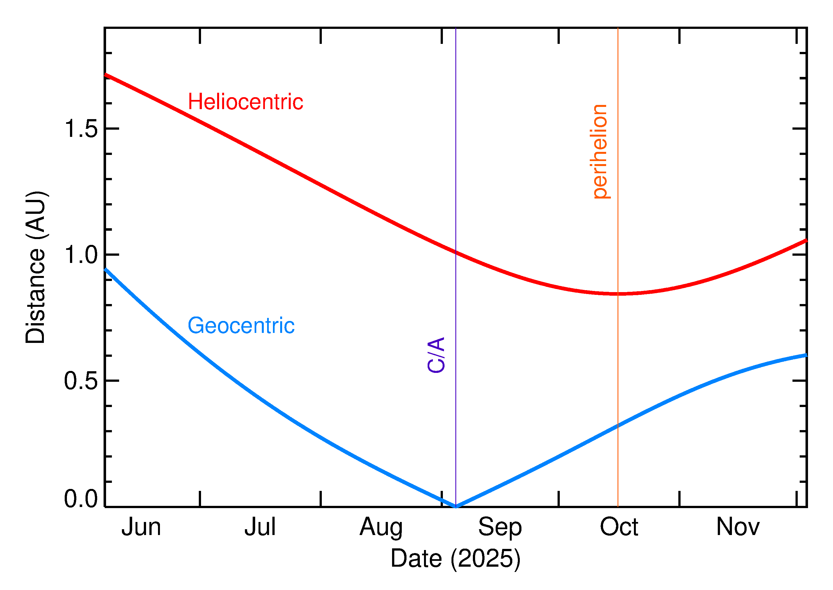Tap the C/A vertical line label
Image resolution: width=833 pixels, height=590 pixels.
pyautogui.click(x=436, y=355)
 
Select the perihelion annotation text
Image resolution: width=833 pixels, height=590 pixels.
pyautogui.click(x=600, y=152)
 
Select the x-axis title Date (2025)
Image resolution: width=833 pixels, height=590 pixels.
pyautogui.click(x=456, y=558)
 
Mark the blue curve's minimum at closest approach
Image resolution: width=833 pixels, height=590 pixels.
pyautogui.click(x=456, y=506)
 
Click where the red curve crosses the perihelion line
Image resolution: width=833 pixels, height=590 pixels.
pyautogui.click(x=618, y=293)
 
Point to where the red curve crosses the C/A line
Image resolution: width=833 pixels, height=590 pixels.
pyautogui.click(x=456, y=252)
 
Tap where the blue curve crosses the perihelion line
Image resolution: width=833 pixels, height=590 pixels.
pyautogui.click(x=618, y=425)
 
